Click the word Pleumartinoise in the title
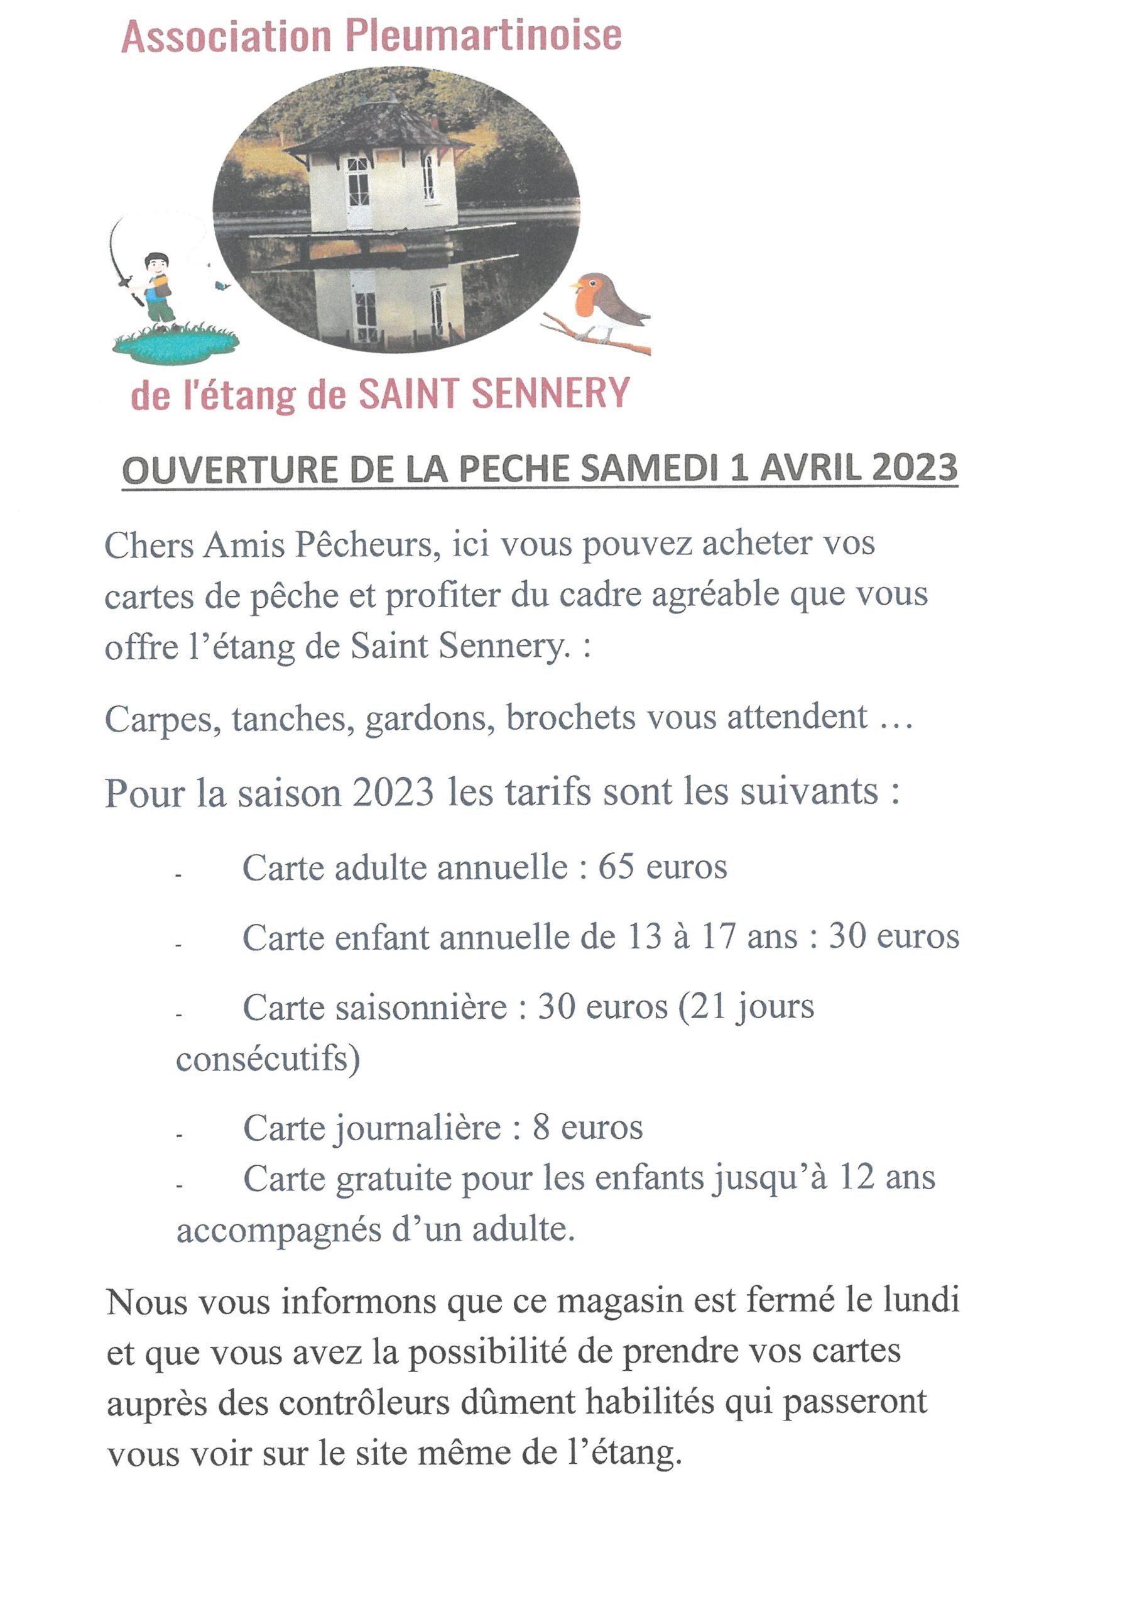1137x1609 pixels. [484, 36]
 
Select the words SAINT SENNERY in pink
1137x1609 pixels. [494, 393]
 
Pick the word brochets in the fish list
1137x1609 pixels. [570, 718]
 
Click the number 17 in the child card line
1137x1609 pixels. [718, 937]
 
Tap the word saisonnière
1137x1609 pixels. [375, 1008]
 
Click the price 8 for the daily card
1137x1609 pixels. [541, 1128]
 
